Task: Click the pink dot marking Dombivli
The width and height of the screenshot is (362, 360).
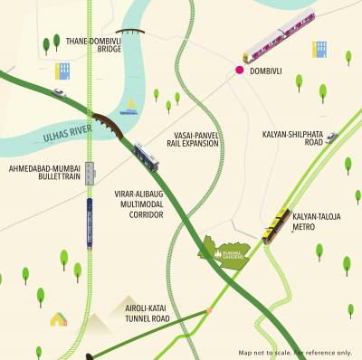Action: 241,69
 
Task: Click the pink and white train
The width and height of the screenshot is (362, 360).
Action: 279,35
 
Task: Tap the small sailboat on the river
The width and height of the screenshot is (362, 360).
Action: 130,105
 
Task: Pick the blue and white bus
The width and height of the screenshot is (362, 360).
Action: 147,156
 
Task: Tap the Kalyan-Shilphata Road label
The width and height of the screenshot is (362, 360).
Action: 292,137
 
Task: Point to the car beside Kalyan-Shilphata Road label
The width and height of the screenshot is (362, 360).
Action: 331,137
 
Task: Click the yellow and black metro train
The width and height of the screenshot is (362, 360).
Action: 276,226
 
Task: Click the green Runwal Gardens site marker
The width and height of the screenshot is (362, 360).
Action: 224,251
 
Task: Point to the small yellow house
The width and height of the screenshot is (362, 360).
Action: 59,318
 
